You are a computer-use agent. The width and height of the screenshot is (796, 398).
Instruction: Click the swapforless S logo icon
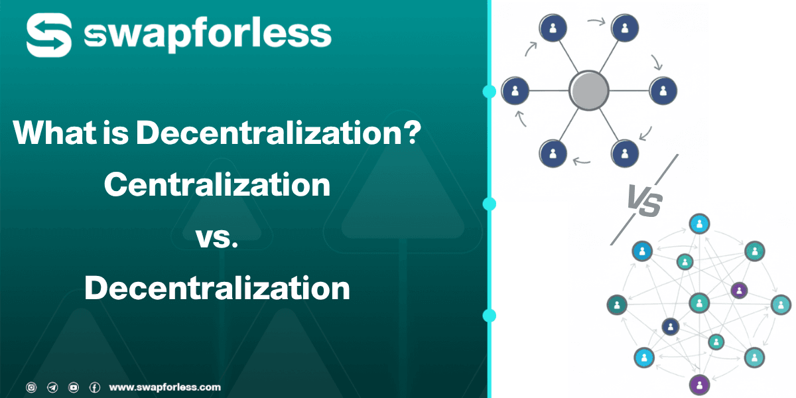(x=48, y=36)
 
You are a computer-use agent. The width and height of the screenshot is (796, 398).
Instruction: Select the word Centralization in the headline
(x=217, y=184)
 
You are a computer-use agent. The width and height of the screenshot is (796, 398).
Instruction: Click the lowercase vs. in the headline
(x=217, y=237)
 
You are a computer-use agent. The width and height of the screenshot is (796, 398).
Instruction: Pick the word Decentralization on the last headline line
(x=217, y=289)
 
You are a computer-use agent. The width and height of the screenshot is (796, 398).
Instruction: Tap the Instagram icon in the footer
(x=31, y=387)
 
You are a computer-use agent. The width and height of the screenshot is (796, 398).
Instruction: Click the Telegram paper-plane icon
(x=52, y=387)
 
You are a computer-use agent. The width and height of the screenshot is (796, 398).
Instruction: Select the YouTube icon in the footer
(x=74, y=387)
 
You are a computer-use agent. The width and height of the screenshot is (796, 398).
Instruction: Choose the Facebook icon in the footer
(x=95, y=387)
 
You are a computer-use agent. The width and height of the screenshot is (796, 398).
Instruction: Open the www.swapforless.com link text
(x=165, y=387)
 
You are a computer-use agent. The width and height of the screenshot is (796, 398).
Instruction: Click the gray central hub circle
(x=588, y=90)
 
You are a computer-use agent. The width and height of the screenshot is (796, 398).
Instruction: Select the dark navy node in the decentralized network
(x=671, y=326)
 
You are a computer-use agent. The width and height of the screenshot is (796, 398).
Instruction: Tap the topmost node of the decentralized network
(x=698, y=224)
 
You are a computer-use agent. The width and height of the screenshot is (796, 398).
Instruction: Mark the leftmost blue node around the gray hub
(x=515, y=90)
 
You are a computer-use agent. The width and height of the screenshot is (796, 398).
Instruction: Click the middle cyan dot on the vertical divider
(x=490, y=204)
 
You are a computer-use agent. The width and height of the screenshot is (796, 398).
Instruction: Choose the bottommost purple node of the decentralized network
(x=698, y=383)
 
